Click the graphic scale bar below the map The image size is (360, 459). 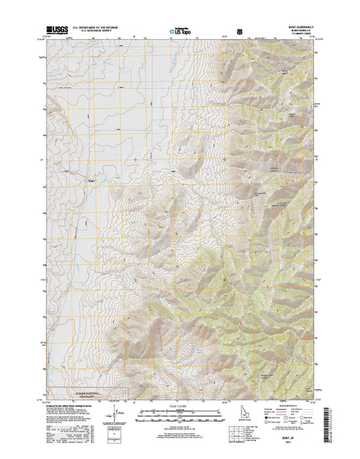(x=180, y=414)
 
